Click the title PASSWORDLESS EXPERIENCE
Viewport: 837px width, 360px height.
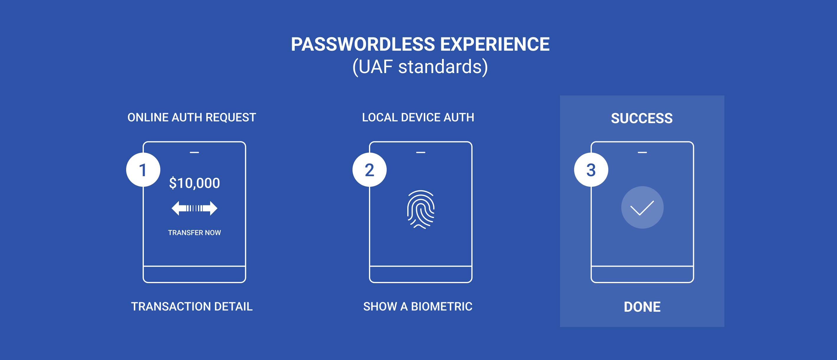click(x=420, y=44)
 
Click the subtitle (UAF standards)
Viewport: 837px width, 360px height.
click(x=420, y=67)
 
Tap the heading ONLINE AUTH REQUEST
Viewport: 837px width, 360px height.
click(x=192, y=117)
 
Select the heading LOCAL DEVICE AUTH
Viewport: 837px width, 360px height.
click(x=418, y=117)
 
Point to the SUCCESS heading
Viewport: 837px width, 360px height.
click(x=642, y=118)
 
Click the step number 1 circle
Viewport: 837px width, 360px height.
click(x=143, y=170)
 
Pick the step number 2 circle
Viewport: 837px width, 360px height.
click(x=370, y=170)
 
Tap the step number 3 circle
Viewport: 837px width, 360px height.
click(x=591, y=170)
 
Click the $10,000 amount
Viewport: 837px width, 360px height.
click(x=194, y=183)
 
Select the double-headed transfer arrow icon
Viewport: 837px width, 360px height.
click(x=194, y=208)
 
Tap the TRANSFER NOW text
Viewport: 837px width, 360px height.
click(x=194, y=233)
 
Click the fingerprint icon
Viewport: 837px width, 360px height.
click(x=421, y=209)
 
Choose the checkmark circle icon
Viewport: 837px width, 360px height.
click(x=642, y=207)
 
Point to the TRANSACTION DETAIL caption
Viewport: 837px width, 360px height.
click(x=192, y=306)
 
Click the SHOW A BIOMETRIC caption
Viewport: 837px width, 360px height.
click(x=418, y=306)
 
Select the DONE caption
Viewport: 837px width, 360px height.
click(x=642, y=307)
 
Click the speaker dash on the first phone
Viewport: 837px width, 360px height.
click(x=194, y=152)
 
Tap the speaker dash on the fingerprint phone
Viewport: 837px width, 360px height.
click(x=421, y=152)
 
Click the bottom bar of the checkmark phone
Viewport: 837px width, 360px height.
click(x=642, y=275)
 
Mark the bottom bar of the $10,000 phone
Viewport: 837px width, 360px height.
click(x=194, y=275)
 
